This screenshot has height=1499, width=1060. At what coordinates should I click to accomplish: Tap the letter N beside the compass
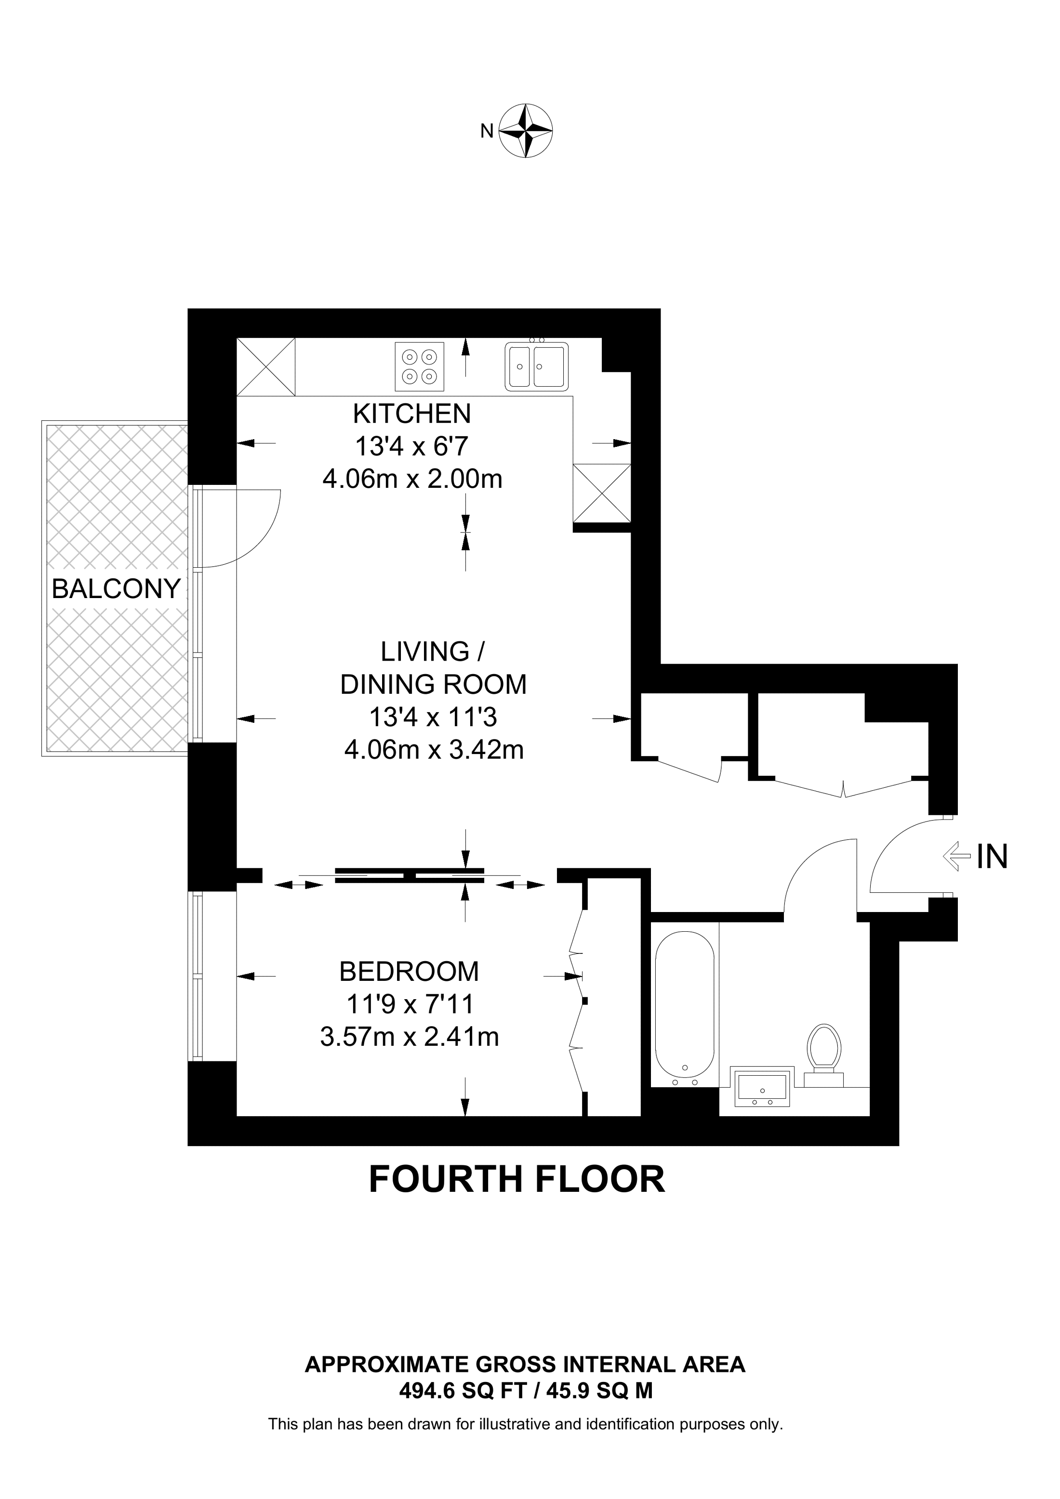tap(487, 131)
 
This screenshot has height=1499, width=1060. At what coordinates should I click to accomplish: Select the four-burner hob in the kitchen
tap(419, 366)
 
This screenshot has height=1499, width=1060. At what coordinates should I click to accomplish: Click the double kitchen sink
tap(536, 366)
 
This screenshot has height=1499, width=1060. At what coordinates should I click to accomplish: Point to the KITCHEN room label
tap(411, 413)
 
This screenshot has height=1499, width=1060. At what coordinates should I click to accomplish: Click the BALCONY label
tap(116, 589)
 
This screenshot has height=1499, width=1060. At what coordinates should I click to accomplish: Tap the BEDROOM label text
tap(409, 971)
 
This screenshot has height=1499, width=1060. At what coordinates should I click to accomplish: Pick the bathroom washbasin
tap(762, 1088)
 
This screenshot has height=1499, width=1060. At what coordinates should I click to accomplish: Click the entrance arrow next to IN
tap(957, 856)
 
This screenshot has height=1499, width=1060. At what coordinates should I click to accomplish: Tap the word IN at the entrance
tap(992, 857)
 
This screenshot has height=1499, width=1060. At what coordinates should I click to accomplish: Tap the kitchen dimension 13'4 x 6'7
tap(411, 446)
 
